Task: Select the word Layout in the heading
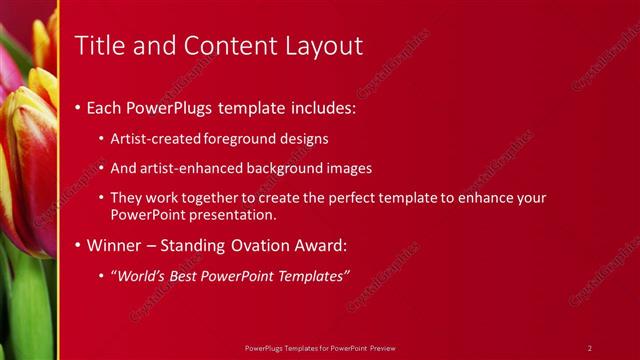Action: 321,45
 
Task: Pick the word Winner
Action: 115,244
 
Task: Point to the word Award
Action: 318,244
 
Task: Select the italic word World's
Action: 141,275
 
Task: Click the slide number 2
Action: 590,347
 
